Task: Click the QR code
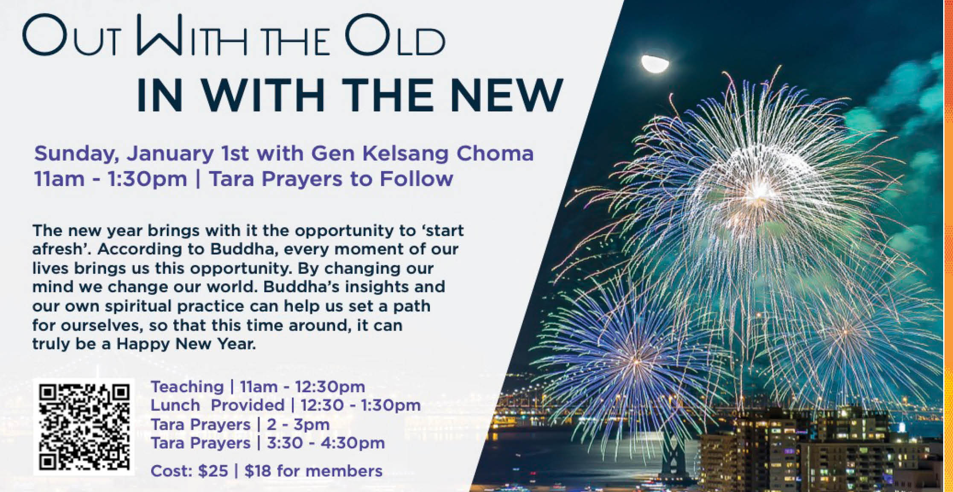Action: point(84,427)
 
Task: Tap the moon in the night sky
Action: point(655,64)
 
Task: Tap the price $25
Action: point(213,471)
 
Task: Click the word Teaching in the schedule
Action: point(187,387)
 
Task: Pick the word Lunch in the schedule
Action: point(175,405)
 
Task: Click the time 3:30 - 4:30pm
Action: point(326,443)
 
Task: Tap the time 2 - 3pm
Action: point(298,425)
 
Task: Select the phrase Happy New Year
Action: point(186,344)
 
